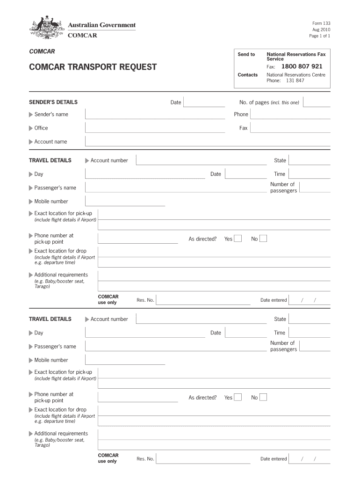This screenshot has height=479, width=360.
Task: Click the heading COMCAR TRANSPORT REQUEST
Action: click(x=93, y=67)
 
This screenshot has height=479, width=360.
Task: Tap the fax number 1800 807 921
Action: click(x=302, y=66)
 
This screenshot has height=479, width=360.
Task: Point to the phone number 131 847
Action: click(x=295, y=80)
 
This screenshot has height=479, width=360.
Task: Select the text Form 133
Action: click(x=321, y=23)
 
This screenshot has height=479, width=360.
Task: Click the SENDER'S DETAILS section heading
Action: click(x=53, y=102)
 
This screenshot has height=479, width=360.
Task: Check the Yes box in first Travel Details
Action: click(x=238, y=239)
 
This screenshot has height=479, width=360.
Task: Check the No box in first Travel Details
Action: click(x=263, y=239)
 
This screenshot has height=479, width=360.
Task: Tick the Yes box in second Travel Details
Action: click(x=238, y=397)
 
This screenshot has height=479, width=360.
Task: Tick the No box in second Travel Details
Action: click(x=263, y=397)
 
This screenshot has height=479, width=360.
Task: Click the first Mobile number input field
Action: click(x=125, y=201)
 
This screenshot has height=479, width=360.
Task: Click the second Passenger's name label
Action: click(x=55, y=347)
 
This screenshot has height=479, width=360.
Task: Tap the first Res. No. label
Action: click(x=145, y=300)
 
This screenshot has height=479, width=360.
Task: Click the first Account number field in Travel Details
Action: click(x=201, y=160)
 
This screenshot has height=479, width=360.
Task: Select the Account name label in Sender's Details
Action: click(x=50, y=142)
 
